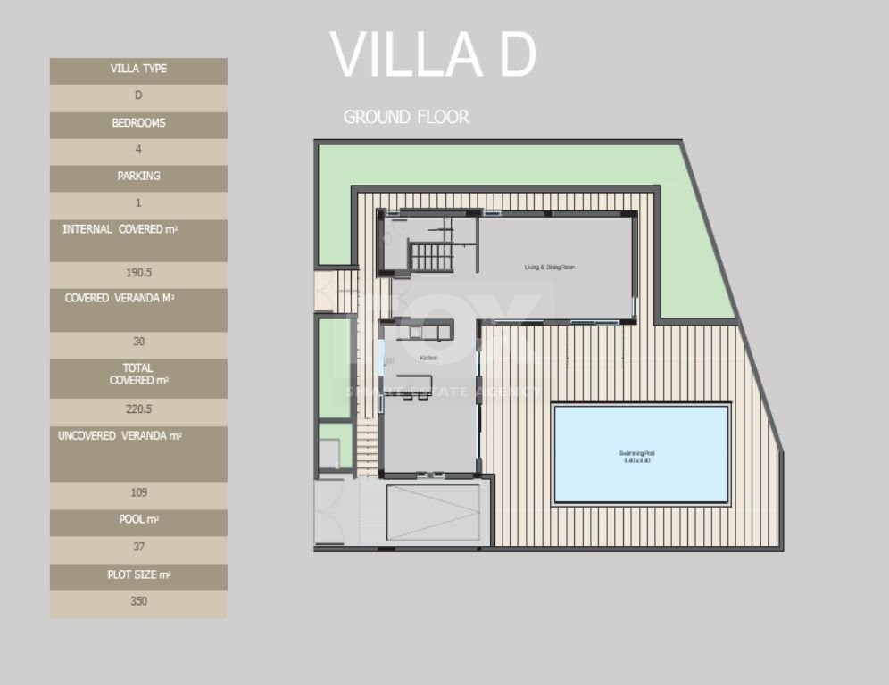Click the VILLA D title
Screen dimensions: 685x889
(x=433, y=54)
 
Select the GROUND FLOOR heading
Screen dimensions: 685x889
(x=406, y=117)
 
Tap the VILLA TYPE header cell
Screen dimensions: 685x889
(x=138, y=70)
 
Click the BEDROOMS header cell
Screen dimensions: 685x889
(x=138, y=124)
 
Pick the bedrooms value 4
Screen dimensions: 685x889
(x=138, y=150)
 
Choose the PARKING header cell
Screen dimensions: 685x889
(x=138, y=177)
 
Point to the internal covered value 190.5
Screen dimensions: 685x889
(x=138, y=274)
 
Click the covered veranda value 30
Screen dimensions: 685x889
(x=138, y=342)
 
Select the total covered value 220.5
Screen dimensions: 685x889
(x=138, y=410)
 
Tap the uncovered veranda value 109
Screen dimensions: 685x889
(x=138, y=493)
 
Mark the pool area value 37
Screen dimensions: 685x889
(x=138, y=548)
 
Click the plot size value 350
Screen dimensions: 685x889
(x=138, y=602)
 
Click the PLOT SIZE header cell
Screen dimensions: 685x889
(x=138, y=575)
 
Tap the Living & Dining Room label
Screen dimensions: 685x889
(x=549, y=267)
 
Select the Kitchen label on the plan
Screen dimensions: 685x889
(x=428, y=358)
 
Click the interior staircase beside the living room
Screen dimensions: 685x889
(x=432, y=257)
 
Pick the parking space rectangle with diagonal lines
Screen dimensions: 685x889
(x=433, y=513)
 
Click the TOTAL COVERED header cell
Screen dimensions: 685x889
(x=138, y=375)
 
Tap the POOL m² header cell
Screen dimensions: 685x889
(x=138, y=520)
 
